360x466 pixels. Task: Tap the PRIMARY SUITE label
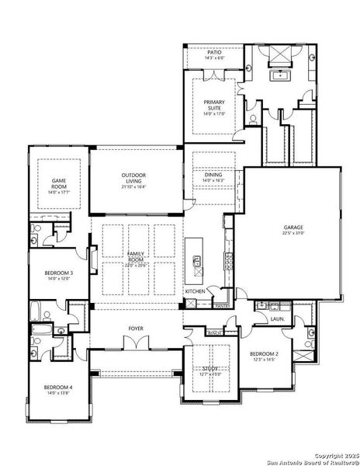pyautogui.click(x=213, y=105)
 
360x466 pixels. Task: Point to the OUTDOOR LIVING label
pyautogui.click(x=133, y=178)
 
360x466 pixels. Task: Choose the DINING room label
pyautogui.click(x=213, y=176)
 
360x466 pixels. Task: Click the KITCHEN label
pyautogui.click(x=194, y=291)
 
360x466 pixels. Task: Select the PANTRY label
pyautogui.click(x=221, y=306)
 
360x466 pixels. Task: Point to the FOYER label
pyautogui.click(x=137, y=329)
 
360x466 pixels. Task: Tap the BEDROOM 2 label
pyautogui.click(x=264, y=354)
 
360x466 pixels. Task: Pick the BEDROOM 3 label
pyautogui.click(x=58, y=273)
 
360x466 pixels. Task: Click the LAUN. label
pyautogui.click(x=276, y=318)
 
